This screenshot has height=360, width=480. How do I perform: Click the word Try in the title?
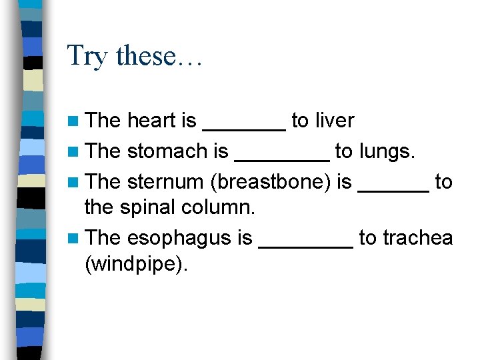coord(87,56)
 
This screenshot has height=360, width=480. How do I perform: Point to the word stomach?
coord(167,151)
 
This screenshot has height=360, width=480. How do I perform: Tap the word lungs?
coord(387,152)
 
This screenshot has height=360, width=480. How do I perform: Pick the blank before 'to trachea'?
coord(305,245)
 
